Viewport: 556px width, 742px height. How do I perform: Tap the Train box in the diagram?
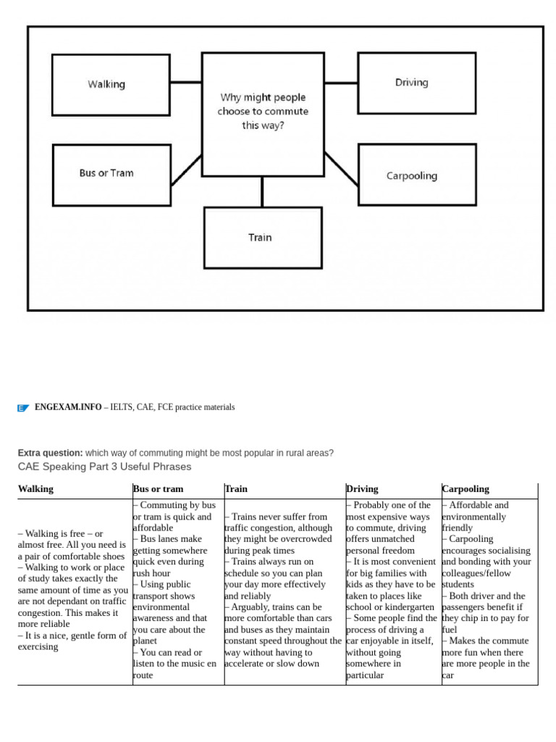point(263,238)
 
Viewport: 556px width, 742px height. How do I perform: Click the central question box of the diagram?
point(263,113)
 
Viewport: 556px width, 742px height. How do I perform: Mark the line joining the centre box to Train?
point(262,191)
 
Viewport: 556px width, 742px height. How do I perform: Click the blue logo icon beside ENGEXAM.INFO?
point(23,408)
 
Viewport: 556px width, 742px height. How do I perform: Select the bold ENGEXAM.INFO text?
point(68,407)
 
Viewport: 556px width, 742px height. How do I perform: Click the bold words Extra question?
point(51,453)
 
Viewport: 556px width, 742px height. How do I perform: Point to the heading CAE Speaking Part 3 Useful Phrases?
point(104,467)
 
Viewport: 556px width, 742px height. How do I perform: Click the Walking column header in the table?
point(35,489)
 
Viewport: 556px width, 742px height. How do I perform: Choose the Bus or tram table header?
point(159,489)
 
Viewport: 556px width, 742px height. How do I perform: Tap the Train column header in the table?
point(237,489)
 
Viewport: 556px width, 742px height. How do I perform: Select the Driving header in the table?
point(363,489)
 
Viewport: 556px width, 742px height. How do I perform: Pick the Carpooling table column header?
point(466,489)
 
